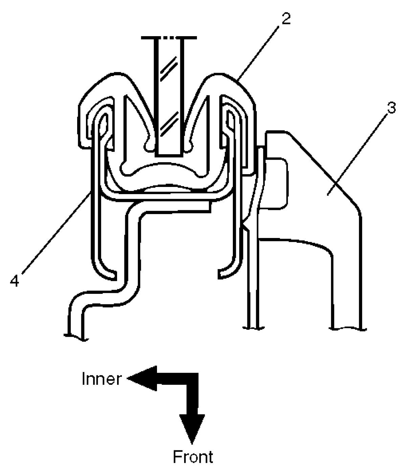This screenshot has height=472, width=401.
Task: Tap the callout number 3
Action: point(391,109)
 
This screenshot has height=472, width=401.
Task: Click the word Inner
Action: point(101,379)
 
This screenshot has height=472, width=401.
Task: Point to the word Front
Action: point(193,457)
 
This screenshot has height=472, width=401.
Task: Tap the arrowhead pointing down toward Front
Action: point(192,428)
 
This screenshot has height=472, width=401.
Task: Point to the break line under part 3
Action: point(347,328)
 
